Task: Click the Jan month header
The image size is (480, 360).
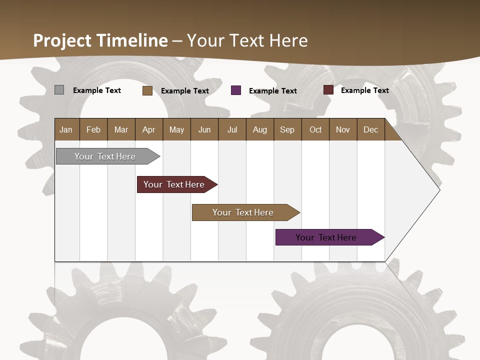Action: click(x=66, y=129)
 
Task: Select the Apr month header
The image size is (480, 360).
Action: click(x=149, y=129)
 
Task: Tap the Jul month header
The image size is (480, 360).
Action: click(x=232, y=129)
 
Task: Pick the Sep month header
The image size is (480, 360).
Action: click(x=287, y=129)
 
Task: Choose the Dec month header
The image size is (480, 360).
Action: click(x=370, y=129)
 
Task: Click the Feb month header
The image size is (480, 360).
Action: click(x=93, y=129)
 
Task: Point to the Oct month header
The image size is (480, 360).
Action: click(x=315, y=129)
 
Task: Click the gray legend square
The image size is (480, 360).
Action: click(x=59, y=90)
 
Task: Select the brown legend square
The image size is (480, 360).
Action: click(x=147, y=90)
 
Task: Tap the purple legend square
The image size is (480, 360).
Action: click(x=236, y=90)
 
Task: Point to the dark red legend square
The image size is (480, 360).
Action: click(x=328, y=90)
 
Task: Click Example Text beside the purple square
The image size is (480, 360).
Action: click(x=273, y=91)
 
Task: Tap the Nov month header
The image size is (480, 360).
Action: click(x=343, y=129)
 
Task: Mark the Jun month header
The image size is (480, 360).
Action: click(x=204, y=129)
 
